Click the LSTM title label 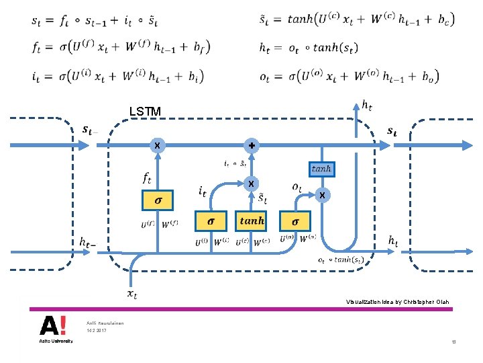pos(146,111)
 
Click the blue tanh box pos(321,169)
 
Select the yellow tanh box pos(252,220)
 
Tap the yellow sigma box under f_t pos(158,200)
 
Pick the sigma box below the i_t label pos(211,220)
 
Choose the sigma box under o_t pos(296,220)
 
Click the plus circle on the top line pos(252,145)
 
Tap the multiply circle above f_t pos(157,145)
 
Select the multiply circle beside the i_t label pos(251,184)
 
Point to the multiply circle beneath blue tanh pos(323,195)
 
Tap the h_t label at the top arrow pos(368,104)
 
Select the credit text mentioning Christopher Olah pos(397,302)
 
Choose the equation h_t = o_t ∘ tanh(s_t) pos(308,48)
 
